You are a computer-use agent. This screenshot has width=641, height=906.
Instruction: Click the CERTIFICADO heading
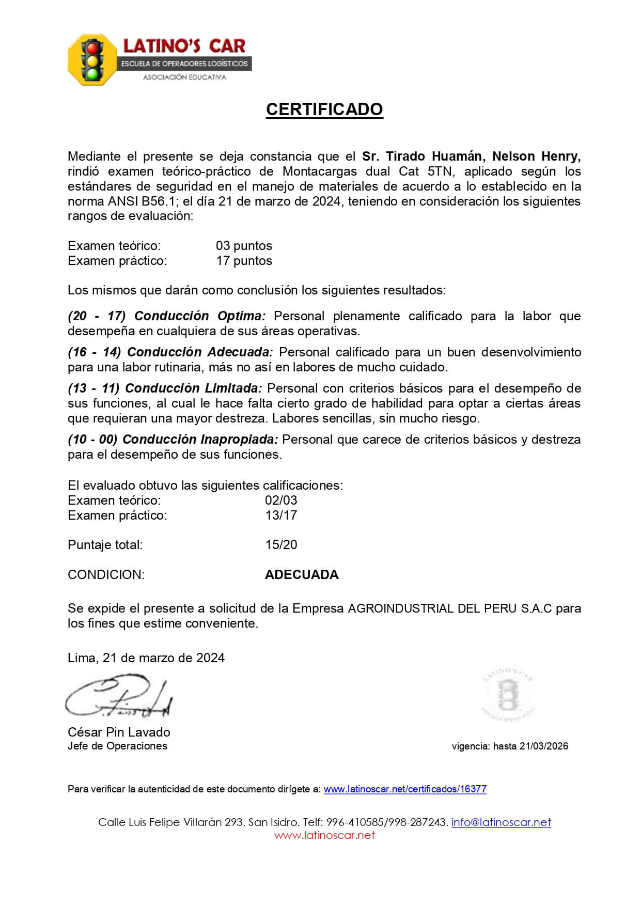coord(324,110)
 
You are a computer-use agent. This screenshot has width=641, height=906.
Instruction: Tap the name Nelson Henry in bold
coord(536,157)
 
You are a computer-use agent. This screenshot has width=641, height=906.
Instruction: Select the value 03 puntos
coord(244,246)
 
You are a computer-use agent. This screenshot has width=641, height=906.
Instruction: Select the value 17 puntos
coord(244,261)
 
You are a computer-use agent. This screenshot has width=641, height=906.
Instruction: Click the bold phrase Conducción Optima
coord(200,316)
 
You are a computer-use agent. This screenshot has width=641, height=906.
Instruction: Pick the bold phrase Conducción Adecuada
coord(200,352)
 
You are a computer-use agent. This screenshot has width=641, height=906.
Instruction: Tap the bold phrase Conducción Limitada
coord(194,388)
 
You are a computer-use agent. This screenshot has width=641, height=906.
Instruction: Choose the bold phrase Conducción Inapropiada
coord(200,440)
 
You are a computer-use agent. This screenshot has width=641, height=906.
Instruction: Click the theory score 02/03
coord(281,501)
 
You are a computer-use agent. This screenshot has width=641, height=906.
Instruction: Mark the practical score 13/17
coord(281,516)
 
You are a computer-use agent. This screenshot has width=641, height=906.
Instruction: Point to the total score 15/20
coord(281,545)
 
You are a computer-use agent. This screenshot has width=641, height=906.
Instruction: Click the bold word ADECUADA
coord(302,575)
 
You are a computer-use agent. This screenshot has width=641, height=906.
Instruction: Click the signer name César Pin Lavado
coord(119,732)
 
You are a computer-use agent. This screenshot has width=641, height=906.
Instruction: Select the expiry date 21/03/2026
coord(543,746)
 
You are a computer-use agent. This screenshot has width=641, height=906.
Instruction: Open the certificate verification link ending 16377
coord(405,789)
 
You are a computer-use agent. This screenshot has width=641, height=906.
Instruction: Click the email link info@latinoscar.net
coord(501,822)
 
